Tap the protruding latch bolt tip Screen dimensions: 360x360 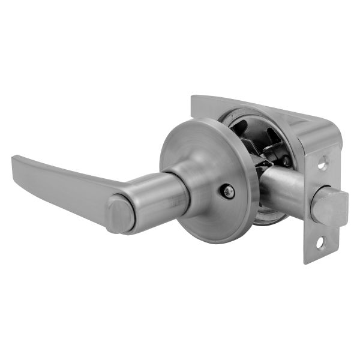tap(331, 208)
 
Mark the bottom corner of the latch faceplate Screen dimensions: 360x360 tap(307, 262)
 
